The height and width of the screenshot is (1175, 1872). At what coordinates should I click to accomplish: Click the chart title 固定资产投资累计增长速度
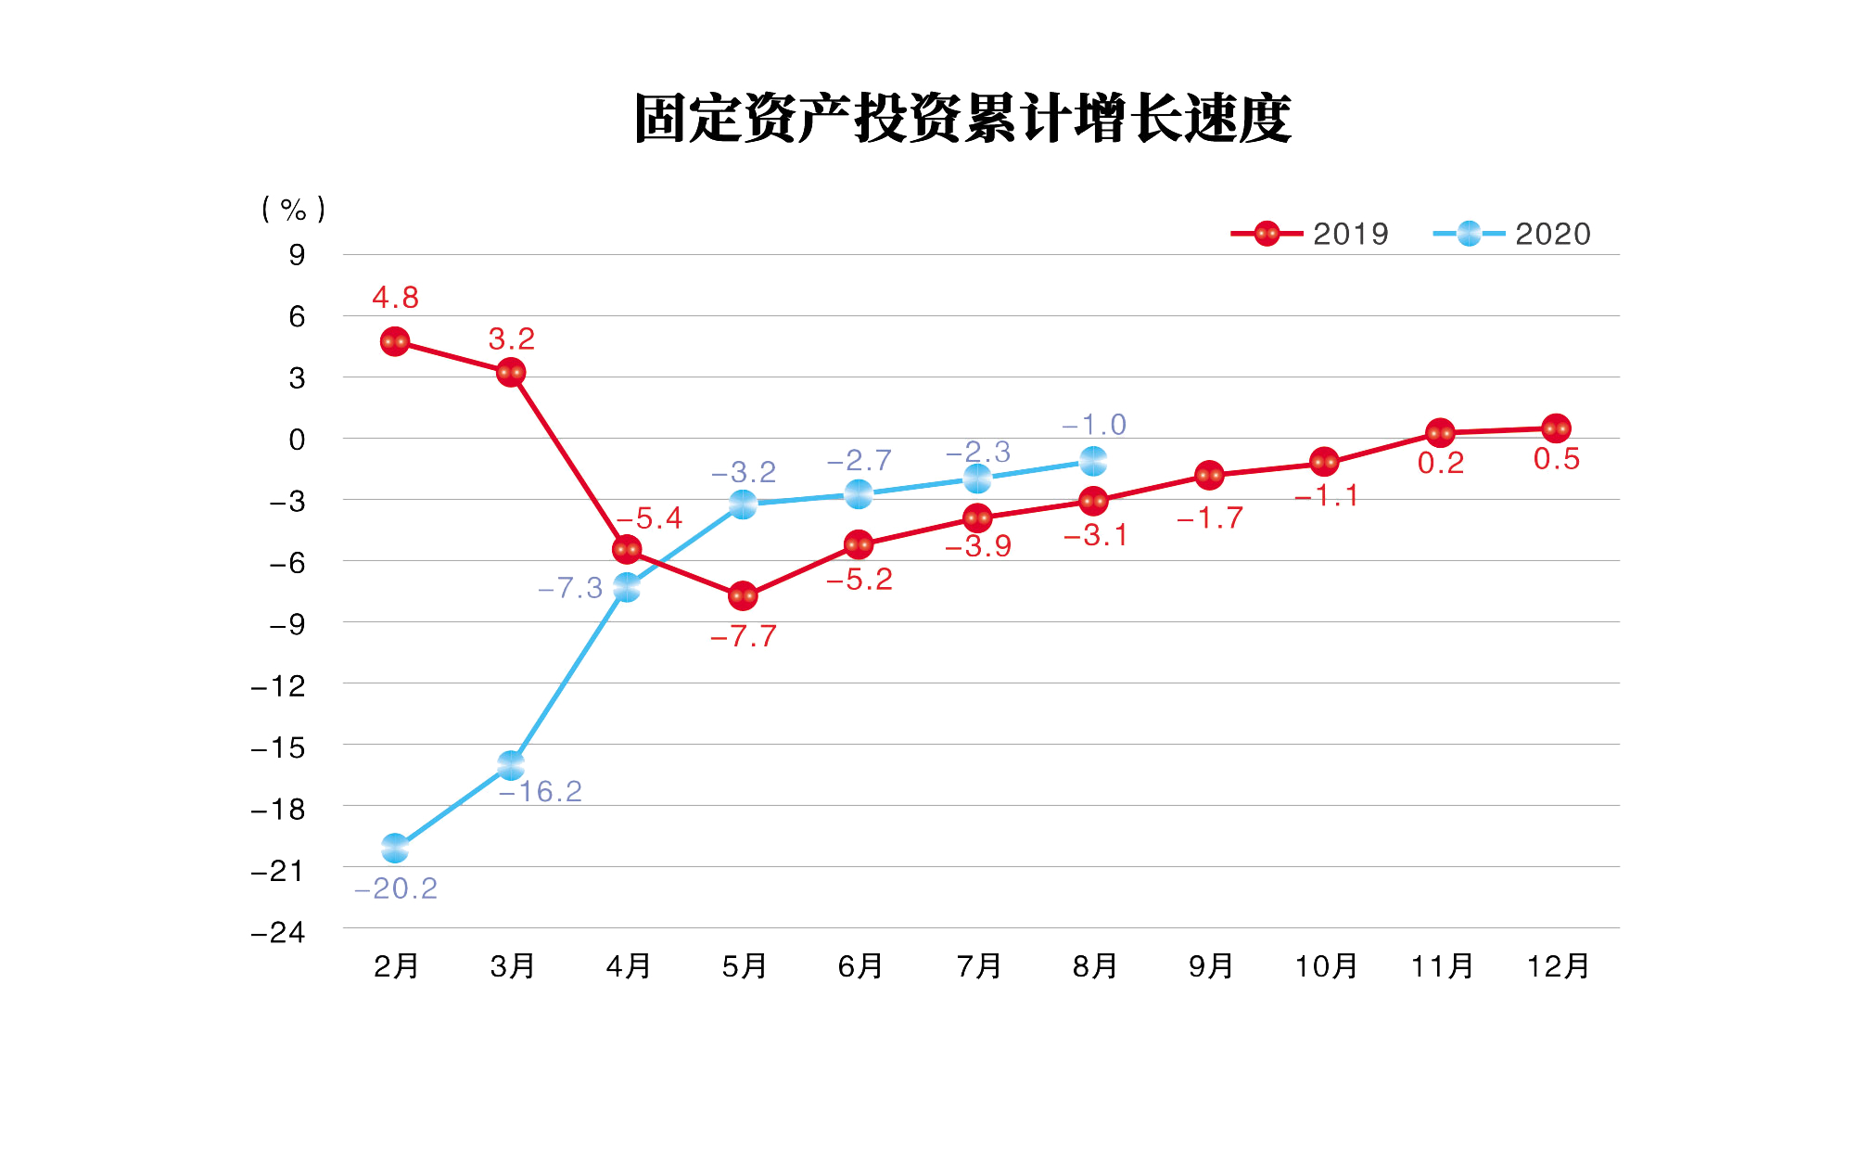[x=962, y=119]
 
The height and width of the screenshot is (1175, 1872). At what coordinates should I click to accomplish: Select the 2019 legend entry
[x=1309, y=234]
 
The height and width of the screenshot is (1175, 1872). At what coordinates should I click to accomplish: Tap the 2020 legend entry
[x=1511, y=234]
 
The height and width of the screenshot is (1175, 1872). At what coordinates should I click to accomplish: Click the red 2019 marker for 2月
[x=395, y=342]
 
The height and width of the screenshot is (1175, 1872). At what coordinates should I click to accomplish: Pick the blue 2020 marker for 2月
[x=395, y=848]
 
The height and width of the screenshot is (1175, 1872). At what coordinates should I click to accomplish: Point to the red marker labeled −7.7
[x=743, y=595]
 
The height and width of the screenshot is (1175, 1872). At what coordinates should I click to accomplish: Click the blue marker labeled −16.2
[x=511, y=766]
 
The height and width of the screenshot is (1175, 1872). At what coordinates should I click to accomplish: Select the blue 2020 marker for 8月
[x=1093, y=460]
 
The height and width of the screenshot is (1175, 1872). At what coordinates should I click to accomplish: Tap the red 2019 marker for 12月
[x=1556, y=428]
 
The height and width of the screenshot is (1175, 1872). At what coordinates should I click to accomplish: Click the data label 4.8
[x=395, y=298]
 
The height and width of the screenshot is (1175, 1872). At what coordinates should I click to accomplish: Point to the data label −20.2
[x=396, y=888]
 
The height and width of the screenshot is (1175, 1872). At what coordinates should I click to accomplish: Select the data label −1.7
[x=1210, y=518]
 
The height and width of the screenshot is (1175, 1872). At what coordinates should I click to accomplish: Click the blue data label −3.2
[x=744, y=472]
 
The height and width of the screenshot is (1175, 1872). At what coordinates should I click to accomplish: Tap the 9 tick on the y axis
[x=297, y=255]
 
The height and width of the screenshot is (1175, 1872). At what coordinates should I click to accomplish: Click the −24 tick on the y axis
[x=278, y=932]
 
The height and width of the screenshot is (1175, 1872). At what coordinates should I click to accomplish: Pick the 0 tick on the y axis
[x=297, y=440]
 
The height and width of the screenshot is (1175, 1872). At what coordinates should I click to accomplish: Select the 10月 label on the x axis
[x=1326, y=966]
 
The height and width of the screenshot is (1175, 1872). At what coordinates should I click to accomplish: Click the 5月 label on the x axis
[x=745, y=966]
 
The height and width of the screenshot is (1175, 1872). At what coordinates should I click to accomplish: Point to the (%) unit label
[x=294, y=210]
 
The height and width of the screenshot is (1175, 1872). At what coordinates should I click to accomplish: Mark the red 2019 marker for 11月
[x=1440, y=433]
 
